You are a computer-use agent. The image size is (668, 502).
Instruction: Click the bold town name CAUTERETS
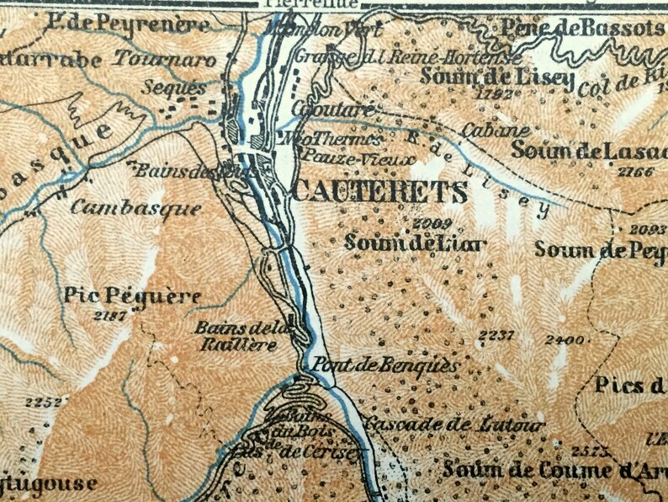[x=379, y=192]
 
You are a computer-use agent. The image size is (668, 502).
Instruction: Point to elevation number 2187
[x=109, y=316]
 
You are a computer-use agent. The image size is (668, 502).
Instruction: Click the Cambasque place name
[x=135, y=207]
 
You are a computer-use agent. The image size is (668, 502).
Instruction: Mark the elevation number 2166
[x=634, y=172]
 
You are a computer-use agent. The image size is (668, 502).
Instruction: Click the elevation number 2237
[x=495, y=336]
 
